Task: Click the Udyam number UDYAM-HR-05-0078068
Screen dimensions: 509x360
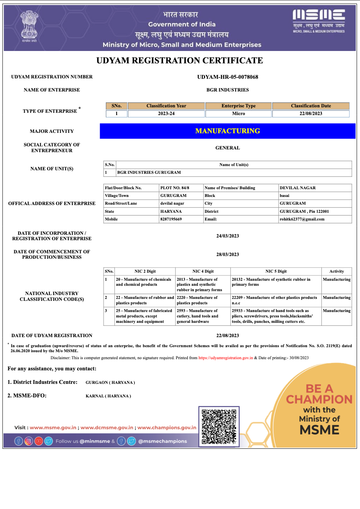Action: click(x=228, y=77)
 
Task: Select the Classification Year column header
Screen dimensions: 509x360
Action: click(x=166, y=106)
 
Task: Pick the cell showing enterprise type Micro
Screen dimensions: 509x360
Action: click(x=238, y=114)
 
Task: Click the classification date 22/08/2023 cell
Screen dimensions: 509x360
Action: click(x=311, y=114)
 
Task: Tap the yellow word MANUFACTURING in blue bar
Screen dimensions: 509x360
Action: click(x=228, y=131)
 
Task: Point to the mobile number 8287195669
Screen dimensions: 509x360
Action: click(x=171, y=219)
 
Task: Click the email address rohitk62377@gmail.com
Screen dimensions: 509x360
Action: click(x=302, y=219)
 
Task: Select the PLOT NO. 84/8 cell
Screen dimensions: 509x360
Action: click(x=175, y=188)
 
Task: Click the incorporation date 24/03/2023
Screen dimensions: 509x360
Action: click(x=228, y=236)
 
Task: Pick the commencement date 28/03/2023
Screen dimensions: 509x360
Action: click(x=228, y=254)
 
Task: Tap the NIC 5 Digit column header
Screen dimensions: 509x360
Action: click(x=276, y=271)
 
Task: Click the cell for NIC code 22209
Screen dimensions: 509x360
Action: click(x=275, y=300)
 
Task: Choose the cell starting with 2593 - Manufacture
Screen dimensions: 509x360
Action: click(x=202, y=316)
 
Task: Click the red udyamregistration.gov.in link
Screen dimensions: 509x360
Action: click(x=226, y=358)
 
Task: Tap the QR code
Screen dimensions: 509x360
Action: click(x=219, y=426)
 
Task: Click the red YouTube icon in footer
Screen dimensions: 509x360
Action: click(x=39, y=441)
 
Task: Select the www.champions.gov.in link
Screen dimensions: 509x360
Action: click(x=167, y=428)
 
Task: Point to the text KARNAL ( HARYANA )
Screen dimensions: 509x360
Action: click(x=108, y=396)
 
